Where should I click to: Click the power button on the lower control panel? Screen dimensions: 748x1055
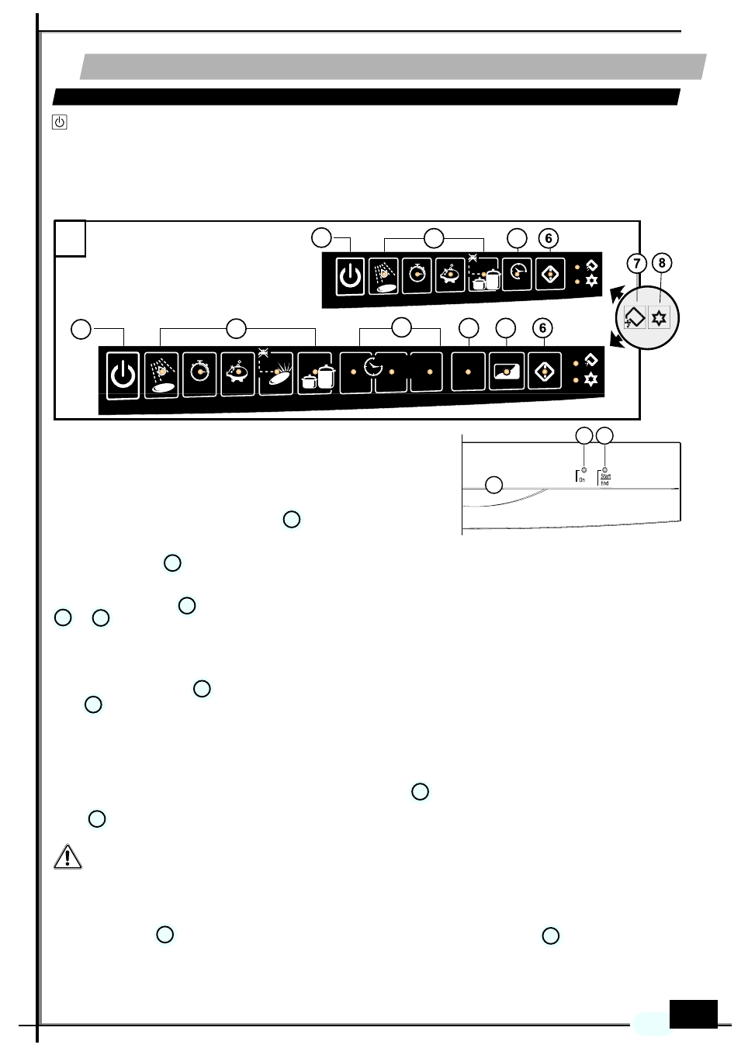123,375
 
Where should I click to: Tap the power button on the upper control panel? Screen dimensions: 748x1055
350,275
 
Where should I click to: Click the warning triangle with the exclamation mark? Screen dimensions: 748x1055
68,856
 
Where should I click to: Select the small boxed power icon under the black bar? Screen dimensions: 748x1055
59,122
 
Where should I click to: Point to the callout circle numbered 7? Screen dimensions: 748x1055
637,263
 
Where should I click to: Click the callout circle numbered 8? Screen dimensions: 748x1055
662,263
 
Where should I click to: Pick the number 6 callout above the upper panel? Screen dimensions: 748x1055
549,238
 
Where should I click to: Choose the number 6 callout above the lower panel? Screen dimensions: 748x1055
543,328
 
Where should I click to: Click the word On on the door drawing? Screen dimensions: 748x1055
582,479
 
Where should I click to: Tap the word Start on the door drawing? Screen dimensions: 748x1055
606,476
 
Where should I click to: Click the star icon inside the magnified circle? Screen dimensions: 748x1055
659,318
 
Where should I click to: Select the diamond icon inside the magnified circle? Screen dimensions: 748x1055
635,318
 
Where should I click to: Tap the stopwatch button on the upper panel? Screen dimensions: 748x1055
417,275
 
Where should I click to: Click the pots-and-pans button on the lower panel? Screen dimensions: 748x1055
317,375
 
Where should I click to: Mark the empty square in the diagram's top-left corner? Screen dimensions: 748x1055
70,238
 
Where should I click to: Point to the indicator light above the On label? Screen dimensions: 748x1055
584,469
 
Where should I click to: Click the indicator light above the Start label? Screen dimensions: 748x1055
604,469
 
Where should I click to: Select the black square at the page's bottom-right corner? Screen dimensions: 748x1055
693,1014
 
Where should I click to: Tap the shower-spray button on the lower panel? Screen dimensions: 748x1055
161,375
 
